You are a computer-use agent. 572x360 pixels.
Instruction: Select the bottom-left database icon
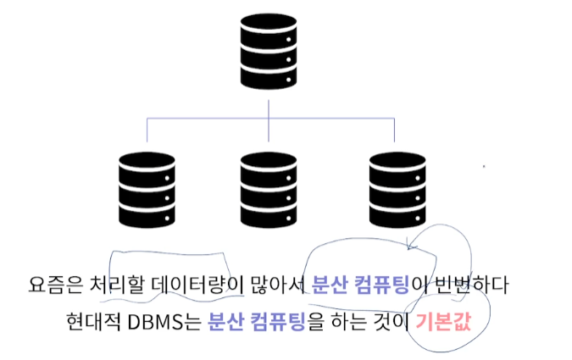tap(147, 189)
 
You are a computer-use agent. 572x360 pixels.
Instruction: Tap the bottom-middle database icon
tap(268, 189)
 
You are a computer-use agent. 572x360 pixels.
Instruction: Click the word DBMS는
tap(164, 323)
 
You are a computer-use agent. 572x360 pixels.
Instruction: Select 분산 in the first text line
tap(328, 284)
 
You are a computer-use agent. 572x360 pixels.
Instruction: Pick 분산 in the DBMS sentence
tap(224, 323)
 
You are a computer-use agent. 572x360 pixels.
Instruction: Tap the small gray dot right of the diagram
tap(484, 166)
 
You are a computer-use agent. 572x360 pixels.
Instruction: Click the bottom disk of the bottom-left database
tap(147, 215)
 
